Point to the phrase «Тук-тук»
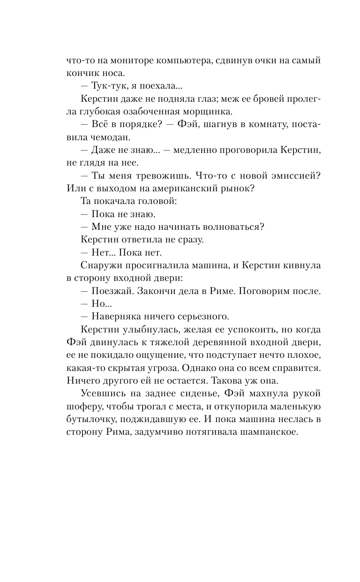[109, 87]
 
